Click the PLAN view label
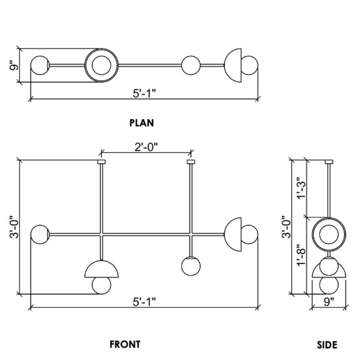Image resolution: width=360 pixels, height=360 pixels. click(x=142, y=123)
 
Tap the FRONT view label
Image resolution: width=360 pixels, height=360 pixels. click(x=125, y=344)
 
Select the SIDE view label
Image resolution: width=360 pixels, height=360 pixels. click(x=327, y=345)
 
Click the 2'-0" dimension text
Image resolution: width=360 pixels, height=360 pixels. click(x=146, y=147)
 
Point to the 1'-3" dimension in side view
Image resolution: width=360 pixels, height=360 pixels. click(x=302, y=188)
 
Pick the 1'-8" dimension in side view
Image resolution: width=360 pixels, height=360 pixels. click(x=302, y=255)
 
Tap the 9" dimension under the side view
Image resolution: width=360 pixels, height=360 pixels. click(x=329, y=302)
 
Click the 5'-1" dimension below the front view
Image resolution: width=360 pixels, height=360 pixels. click(x=144, y=302)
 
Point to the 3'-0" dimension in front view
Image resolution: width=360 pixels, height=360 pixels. click(x=14, y=227)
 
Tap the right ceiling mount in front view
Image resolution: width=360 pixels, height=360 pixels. click(x=191, y=162)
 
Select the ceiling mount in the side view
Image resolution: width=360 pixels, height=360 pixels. click(x=329, y=162)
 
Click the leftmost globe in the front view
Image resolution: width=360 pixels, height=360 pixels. click(x=40, y=234)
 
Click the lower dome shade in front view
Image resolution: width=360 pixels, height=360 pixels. click(x=101, y=269)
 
